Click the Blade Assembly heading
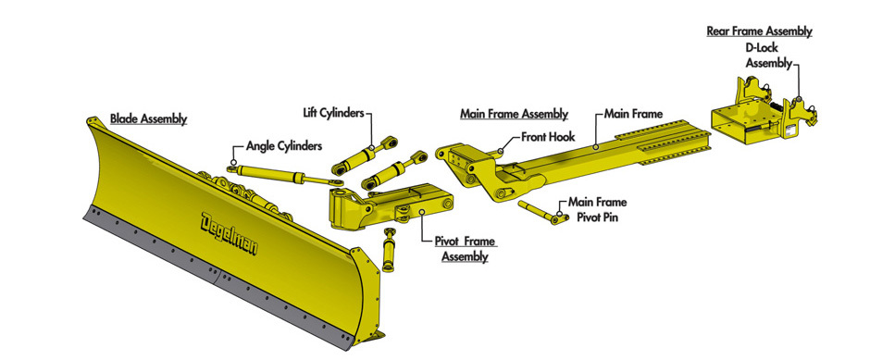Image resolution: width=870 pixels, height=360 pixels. pos(148,118)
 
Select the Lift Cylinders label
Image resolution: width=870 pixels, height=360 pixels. pos(333,113)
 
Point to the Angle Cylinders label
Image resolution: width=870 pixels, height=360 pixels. pos(284,146)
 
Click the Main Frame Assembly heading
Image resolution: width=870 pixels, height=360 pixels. pos(515,114)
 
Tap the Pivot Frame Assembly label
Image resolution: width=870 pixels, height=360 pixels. pos(465,249)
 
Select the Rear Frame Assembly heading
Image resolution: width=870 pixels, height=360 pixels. pos(759,31)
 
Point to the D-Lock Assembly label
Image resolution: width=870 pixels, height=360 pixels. pos(768,56)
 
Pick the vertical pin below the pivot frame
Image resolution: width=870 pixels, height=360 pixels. pos(389,250)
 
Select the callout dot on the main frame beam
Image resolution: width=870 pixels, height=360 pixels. pos(594,147)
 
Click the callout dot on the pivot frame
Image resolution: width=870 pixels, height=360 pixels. pos(422,211)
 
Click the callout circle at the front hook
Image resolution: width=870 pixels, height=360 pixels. pos(501,150)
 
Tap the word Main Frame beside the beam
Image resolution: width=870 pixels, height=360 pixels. pos(633,114)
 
